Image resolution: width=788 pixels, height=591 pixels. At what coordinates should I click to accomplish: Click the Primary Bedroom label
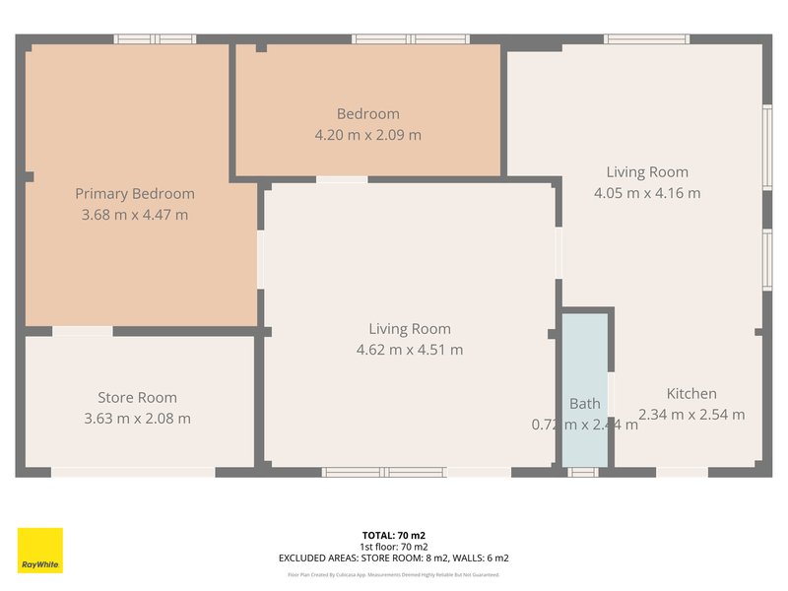coord(135,194)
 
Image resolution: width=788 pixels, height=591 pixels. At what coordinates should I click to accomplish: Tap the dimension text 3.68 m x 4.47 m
coord(135,214)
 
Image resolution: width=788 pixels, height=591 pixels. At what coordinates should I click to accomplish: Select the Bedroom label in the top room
coord(367,114)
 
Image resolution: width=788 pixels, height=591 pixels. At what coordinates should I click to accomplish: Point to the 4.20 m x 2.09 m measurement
coord(367,135)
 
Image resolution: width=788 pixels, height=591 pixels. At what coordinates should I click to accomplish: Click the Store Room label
coord(137,398)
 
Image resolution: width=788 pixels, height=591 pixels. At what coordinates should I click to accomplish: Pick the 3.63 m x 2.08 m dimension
coord(137,419)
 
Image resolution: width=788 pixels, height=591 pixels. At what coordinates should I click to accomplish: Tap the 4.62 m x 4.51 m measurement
coord(410,350)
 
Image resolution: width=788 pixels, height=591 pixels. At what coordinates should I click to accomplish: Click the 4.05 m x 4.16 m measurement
coord(647,193)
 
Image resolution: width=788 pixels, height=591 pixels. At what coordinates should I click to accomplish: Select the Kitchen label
coord(691,394)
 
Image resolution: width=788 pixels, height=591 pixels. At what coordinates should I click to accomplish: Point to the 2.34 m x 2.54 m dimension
coord(691,415)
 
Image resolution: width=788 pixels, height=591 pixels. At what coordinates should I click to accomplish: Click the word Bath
coord(584,404)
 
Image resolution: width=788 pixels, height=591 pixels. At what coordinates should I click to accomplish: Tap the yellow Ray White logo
coord(40,551)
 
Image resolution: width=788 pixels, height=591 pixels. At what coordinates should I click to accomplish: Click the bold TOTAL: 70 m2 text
coord(393,536)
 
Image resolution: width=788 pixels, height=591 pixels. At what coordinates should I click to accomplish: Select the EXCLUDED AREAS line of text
coord(393,558)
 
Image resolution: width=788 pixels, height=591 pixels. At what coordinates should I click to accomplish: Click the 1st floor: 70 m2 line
coord(393,547)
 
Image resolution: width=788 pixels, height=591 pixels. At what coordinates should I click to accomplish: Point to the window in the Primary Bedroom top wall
coord(155,39)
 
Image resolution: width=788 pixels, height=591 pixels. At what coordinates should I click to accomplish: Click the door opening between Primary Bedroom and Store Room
coord(82,331)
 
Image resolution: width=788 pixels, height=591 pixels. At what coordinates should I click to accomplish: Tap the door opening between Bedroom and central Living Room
coord(342,179)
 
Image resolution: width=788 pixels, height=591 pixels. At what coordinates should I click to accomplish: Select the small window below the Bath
coord(583,473)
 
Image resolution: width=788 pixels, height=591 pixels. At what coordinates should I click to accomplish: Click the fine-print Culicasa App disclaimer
coord(393,574)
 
